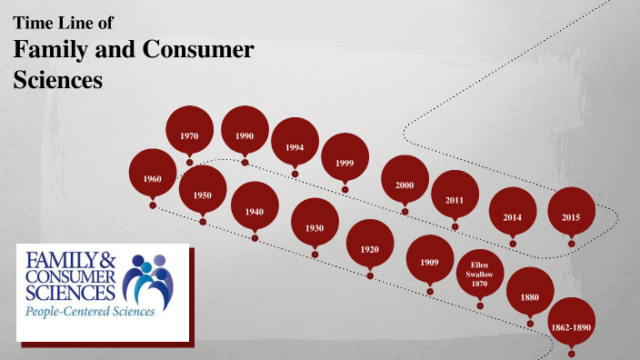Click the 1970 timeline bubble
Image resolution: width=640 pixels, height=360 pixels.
tap(189, 135)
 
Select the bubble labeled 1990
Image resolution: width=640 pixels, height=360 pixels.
tap(245, 135)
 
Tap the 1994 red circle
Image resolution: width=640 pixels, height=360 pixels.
tap(295, 146)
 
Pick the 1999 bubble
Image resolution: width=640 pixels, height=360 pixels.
tap(345, 162)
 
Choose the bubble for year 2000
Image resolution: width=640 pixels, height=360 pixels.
tap(405, 185)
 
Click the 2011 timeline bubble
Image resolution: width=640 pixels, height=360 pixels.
tap(455, 199)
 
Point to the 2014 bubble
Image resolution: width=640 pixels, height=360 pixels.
tap(513, 216)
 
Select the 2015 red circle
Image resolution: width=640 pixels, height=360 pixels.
tap(571, 216)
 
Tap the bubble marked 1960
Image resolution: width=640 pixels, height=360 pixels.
tap(153, 179)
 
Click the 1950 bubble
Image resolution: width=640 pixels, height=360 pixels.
tap(202, 195)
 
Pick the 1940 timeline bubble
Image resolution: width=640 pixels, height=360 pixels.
tap(255, 211)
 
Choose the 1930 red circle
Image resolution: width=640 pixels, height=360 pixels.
tap(315, 227)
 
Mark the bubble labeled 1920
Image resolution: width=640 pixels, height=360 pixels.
tap(370, 249)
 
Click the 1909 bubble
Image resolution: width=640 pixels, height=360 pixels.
tap(430, 263)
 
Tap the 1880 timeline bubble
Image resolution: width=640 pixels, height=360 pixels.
tap(530, 296)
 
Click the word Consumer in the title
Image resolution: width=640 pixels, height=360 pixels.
tap(195, 50)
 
